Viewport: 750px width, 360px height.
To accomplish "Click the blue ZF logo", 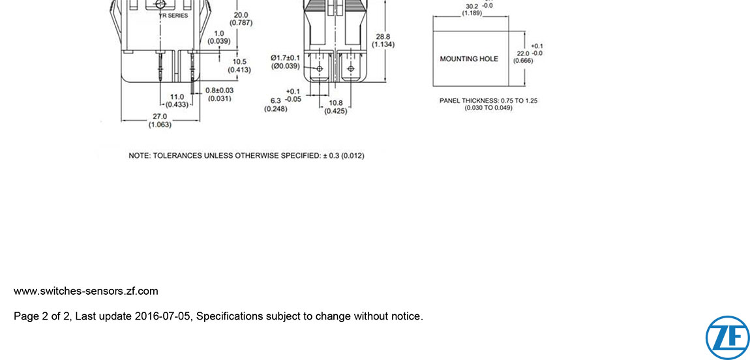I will pos(727,337).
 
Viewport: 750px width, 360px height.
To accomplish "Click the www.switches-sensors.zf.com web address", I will pos(85,291).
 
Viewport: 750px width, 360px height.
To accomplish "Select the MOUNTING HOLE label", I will pos(469,59).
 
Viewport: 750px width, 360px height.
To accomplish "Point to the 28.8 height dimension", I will pos(383,37).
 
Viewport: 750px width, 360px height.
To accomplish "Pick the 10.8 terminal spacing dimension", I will pos(336,103).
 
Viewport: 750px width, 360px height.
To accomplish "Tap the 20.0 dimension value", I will pos(241,15).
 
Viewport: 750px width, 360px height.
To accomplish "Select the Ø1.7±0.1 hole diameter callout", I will pos(286,57).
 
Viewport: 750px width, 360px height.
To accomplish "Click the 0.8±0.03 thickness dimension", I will pos(220,90).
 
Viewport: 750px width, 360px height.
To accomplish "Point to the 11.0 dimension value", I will pos(177,97).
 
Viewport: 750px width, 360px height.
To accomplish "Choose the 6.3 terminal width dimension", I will pos(275,100).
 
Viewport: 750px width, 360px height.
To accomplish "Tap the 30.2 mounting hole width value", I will pos(472,6).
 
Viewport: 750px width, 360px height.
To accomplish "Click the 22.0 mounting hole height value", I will pos(522,53).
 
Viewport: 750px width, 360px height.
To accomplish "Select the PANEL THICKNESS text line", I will pos(488,100).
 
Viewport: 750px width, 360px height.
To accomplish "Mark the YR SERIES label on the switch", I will pos(173,16).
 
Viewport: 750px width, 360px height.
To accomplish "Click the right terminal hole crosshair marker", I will pos(351,68).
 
